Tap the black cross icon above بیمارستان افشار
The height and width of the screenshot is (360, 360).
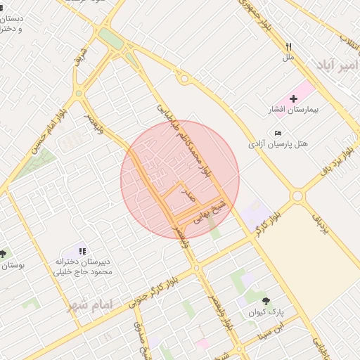293,98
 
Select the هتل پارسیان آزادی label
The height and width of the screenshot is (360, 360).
278,143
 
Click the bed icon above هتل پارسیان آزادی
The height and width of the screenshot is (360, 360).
278,133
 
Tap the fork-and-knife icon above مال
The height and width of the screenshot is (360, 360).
288,46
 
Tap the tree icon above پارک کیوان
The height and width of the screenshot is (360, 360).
265,301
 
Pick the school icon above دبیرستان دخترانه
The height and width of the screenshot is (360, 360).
82,250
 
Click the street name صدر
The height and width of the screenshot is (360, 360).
188,193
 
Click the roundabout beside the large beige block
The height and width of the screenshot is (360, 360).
297,195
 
